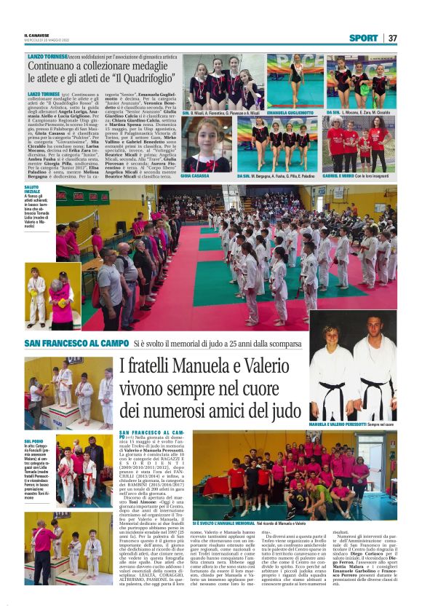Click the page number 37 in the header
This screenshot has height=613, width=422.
[392, 38]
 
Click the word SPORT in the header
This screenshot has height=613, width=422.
[363, 38]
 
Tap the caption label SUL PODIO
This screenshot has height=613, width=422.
[33, 441]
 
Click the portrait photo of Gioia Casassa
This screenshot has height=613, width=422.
[207, 144]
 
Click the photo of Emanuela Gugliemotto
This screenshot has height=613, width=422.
[294, 80]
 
